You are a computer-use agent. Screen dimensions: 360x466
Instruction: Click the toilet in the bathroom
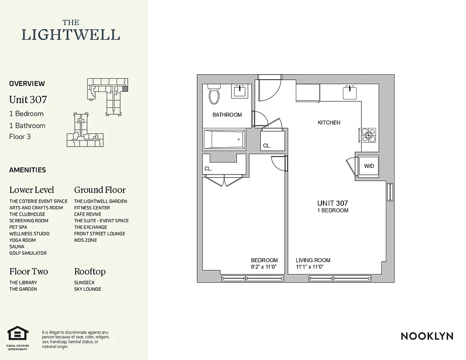pos(213,94)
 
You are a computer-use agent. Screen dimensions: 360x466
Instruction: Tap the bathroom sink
pos(239,91)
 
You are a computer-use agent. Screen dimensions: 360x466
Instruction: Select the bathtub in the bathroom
pos(223,139)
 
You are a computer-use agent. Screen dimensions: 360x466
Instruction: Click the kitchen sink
pos(349,93)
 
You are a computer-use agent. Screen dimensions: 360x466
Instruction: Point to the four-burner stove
pos(369,135)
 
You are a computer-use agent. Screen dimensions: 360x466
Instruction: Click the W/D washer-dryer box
pos(369,166)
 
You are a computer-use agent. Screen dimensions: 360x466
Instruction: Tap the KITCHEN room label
pos(329,122)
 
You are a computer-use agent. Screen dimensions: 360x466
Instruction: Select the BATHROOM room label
pos(227,115)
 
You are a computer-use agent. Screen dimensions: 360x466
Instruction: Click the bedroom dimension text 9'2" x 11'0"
pos(264,267)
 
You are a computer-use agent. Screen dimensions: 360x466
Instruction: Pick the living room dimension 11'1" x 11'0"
pos(310,267)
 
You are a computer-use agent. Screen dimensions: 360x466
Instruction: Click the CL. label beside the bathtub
pos(267,146)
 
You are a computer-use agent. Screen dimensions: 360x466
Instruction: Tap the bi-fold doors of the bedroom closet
pos(224,181)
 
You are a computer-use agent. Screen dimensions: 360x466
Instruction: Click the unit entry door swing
pos(269,89)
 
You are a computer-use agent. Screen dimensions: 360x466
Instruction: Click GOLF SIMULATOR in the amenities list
pos(28,253)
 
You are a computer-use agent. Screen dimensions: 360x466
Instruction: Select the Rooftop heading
pos(90,271)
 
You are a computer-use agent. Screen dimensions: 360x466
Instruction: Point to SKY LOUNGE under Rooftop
pos(87,289)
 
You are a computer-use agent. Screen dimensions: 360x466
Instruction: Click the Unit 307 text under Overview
pos(28,99)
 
